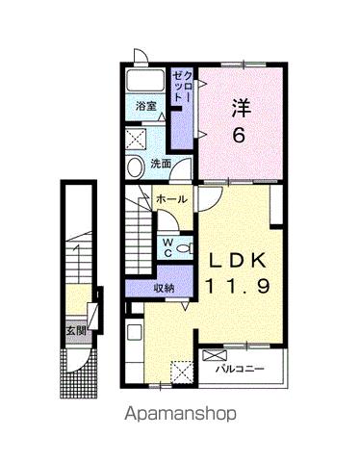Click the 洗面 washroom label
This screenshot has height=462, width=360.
tap(161, 164)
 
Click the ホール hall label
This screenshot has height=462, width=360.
tap(170, 198)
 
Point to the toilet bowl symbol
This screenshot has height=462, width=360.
tap(180, 244)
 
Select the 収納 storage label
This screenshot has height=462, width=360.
tap(165, 287)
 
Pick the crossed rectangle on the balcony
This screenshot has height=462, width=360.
tap(212, 355)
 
